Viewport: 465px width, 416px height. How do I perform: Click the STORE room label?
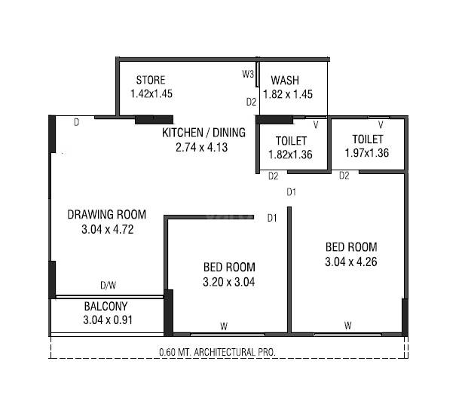(150, 81)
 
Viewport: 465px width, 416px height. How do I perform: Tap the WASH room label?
(285, 81)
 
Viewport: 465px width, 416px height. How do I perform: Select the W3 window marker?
(247, 74)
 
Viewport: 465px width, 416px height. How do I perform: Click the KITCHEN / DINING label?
(203, 133)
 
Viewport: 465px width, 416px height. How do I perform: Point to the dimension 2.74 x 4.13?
(201, 148)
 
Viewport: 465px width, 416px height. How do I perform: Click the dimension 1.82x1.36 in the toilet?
(290, 154)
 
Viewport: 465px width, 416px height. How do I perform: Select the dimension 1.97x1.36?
(367, 154)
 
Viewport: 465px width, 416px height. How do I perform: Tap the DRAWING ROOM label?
(106, 214)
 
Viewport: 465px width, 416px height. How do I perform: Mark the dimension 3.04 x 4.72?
(107, 230)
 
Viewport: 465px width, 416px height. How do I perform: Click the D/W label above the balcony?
(109, 286)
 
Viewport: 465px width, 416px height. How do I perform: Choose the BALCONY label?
(106, 307)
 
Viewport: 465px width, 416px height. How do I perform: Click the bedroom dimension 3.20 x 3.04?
(229, 283)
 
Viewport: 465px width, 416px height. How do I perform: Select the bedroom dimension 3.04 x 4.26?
(350, 262)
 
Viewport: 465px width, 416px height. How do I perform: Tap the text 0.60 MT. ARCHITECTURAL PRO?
(218, 351)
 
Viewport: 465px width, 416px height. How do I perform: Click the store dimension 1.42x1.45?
(151, 95)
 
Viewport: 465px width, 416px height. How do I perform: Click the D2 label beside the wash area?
(252, 102)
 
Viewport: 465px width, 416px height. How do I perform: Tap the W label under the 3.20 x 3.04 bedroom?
(224, 326)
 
